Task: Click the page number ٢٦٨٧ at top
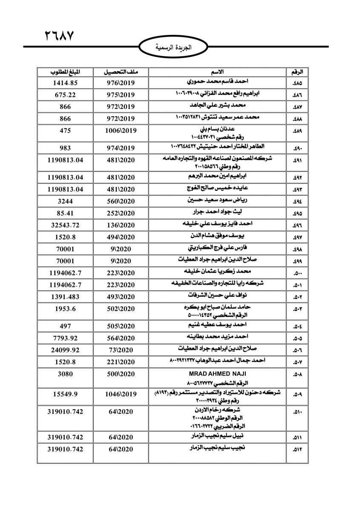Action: tap(59, 35)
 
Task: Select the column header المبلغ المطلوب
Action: tap(65, 71)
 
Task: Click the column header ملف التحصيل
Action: tap(120, 71)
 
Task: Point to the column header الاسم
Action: tap(217, 71)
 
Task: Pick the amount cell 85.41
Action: tap(65, 213)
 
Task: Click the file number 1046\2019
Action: tap(121, 394)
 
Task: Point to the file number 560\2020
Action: tap(121, 201)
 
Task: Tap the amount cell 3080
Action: tap(65, 374)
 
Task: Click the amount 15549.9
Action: tap(65, 394)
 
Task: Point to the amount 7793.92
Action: tap(65, 338)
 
